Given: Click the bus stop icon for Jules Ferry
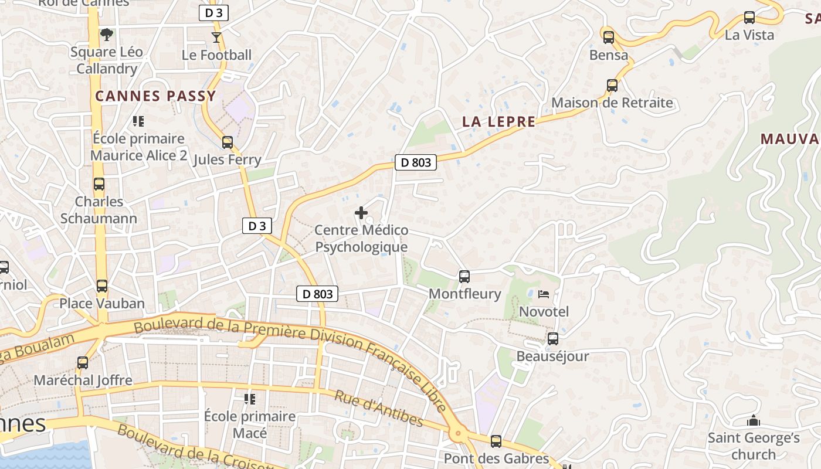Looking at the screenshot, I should (x=228, y=142).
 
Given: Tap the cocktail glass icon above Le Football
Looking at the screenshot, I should (x=216, y=38).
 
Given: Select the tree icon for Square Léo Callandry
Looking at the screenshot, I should (x=106, y=35).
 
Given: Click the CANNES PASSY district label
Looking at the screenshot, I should (x=156, y=96).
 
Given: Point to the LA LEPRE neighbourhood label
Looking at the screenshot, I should (x=498, y=122).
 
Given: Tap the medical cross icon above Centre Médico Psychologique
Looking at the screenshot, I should (x=361, y=212).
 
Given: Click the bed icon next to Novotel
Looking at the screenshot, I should (x=544, y=294).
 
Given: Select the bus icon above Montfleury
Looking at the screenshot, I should (x=464, y=276).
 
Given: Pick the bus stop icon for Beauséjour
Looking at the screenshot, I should (x=552, y=339).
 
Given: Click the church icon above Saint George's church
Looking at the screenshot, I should (x=754, y=420).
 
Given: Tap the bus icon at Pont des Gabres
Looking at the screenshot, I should (x=496, y=441).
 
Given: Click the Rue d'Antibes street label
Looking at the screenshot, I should (x=378, y=408).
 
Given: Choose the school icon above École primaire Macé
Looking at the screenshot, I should (x=250, y=399).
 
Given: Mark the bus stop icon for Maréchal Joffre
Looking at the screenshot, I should (x=83, y=363).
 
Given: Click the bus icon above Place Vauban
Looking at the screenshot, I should (x=102, y=286).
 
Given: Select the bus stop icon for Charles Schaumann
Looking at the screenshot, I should (x=99, y=184).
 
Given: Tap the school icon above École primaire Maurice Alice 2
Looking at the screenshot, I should (x=138, y=121).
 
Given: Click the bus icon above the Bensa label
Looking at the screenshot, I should (x=609, y=38).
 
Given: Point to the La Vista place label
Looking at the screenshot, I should (x=749, y=35).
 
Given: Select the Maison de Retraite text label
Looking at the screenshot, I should (x=612, y=103).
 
